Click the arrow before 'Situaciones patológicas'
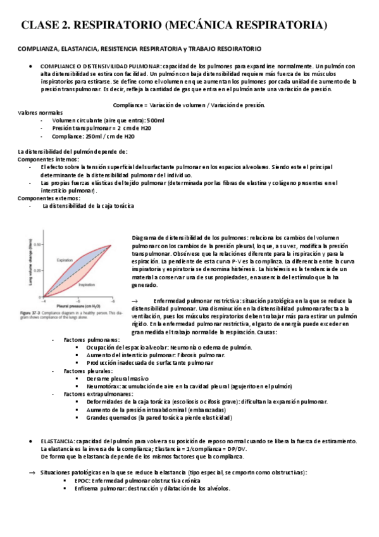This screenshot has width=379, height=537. [x=34, y=472]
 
